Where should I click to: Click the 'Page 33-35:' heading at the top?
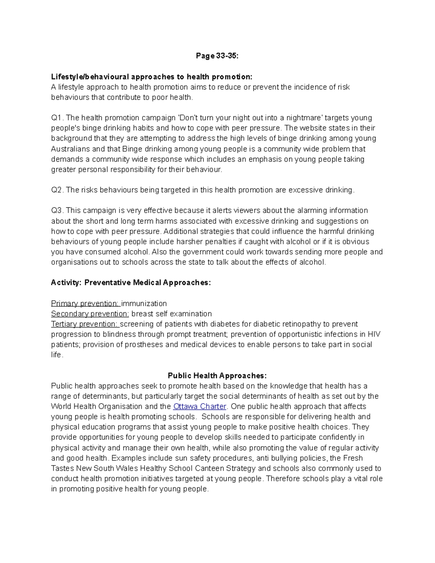217,56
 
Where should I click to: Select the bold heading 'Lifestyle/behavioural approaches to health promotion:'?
151,77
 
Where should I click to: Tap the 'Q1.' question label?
57,118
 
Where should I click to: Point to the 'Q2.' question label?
57,190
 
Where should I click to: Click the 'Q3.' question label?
57,211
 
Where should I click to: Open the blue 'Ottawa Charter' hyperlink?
200,406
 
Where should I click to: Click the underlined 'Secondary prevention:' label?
90,314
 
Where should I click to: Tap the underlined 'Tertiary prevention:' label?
84,324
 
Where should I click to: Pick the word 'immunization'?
144,303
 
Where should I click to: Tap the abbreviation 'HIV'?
373,334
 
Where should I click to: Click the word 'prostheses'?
144,344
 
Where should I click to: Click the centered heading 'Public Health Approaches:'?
217,376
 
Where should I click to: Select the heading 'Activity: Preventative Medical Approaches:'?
131,283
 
